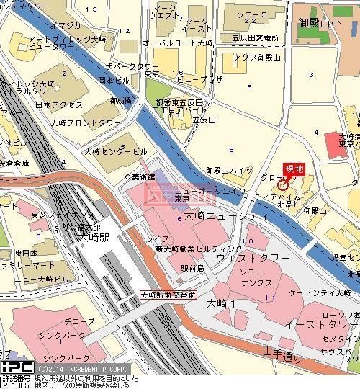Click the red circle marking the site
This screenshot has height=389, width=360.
point(282,184)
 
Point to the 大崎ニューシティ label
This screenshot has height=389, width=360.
point(204,215)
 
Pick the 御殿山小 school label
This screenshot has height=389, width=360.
point(321,22)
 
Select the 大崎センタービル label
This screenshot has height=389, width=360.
point(115,152)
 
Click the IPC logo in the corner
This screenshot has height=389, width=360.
point(17,367)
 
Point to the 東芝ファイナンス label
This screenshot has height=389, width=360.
point(63,215)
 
